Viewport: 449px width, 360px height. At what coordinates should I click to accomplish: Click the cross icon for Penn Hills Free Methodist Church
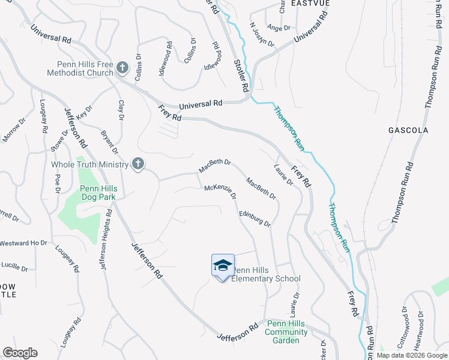pyautogui.click(x=122, y=67)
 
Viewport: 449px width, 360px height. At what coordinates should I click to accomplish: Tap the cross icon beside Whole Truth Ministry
pyautogui.click(x=138, y=164)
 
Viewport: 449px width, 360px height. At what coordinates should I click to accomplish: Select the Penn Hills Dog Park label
pyautogui.click(x=99, y=193)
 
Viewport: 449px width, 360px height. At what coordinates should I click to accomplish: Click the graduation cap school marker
pyautogui.click(x=222, y=265)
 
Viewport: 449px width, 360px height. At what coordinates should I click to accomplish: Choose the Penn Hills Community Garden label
pyautogui.click(x=286, y=332)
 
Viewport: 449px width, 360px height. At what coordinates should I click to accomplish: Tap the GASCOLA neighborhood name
pyautogui.click(x=408, y=130)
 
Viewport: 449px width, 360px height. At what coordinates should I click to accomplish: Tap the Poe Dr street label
pyautogui.click(x=58, y=183)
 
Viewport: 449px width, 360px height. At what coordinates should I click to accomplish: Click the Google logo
pyautogui.click(x=20, y=353)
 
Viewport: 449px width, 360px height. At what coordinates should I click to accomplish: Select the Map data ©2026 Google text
pyautogui.click(x=412, y=355)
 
